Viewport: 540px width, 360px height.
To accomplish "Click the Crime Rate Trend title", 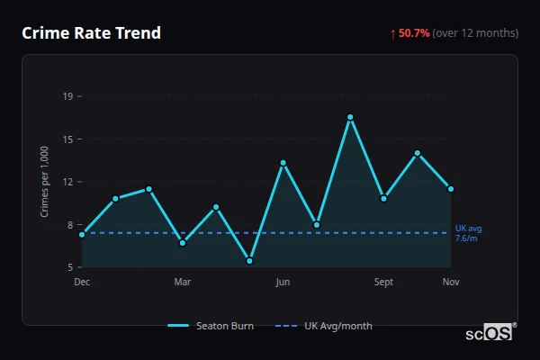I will tap(91, 33).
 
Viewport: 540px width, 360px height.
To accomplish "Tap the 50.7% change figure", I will tap(414, 33).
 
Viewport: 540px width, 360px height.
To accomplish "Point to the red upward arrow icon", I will tap(392, 33).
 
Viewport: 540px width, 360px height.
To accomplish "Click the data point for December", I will tap(82, 234).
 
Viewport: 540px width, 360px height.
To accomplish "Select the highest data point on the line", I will tap(350, 117).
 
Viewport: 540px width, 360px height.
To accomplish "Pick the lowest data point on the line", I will tap(249, 261).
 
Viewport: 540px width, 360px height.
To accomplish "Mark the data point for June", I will tap(283, 163).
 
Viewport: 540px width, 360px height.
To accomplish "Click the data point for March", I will tap(183, 243).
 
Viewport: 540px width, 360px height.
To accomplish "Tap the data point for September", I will tap(383, 198).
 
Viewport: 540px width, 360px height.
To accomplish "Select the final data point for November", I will tap(451, 189).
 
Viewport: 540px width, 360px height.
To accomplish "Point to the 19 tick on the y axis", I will tap(67, 96).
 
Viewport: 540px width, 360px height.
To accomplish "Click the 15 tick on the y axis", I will tap(67, 139).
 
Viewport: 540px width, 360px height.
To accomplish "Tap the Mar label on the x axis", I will tap(183, 283).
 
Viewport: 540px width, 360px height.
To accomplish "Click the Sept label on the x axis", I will tap(383, 283).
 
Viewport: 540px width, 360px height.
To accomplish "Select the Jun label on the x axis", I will tap(283, 283).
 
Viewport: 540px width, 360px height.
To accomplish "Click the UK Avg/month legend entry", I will tap(324, 326).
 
